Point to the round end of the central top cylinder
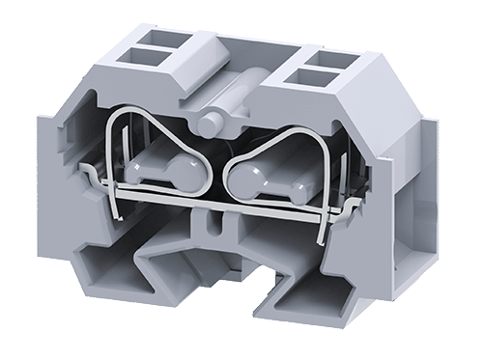coord(211,124)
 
